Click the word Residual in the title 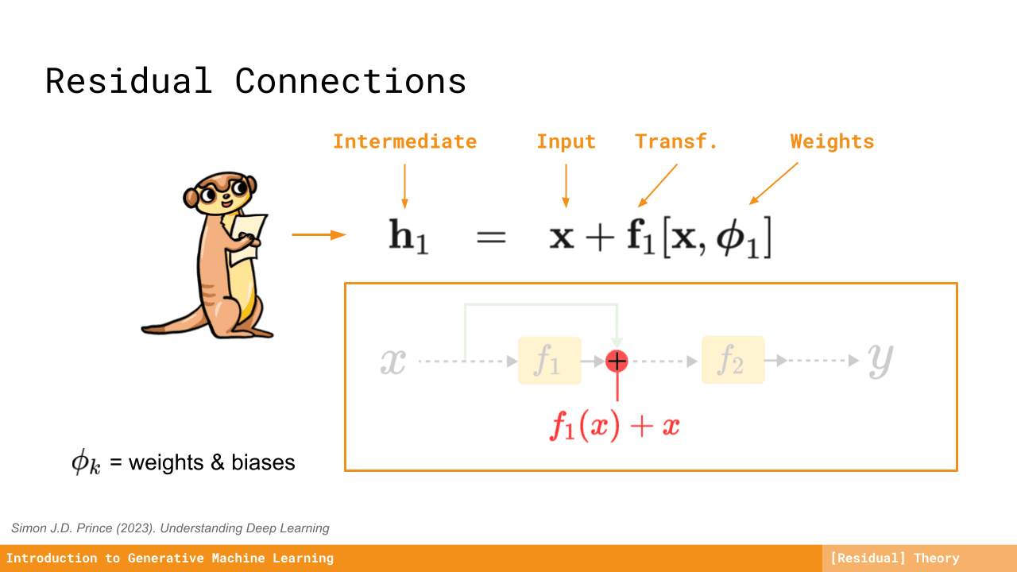coord(129,81)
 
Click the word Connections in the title coord(350,81)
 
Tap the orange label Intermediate coord(405,141)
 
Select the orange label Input coord(567,142)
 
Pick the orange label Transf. coord(676,141)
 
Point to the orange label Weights coord(832,142)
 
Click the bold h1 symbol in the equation coord(408,236)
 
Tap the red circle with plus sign coord(617,361)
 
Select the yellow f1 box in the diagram coord(549,361)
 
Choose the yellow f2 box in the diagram coord(733,360)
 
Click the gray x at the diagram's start coord(393,361)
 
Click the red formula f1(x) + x coord(615,426)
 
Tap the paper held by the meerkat coord(247,238)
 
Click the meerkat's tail coord(175,323)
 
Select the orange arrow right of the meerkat coord(319,234)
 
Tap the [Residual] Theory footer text coord(895,558)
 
